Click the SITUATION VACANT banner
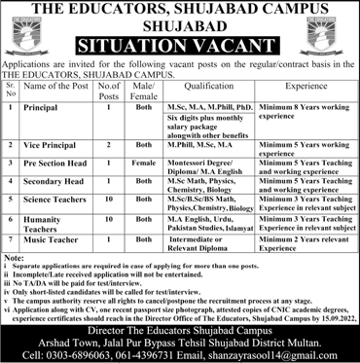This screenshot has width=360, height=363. tap(180, 44)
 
